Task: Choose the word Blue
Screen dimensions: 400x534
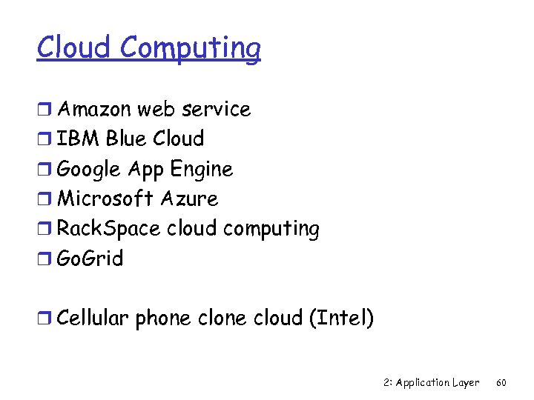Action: point(127,139)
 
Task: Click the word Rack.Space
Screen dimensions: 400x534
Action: point(108,229)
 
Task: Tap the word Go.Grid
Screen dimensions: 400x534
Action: point(90,259)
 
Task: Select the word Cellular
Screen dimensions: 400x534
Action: point(93,319)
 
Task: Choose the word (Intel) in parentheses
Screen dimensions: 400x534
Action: point(340,319)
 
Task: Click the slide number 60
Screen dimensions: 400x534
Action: point(501,383)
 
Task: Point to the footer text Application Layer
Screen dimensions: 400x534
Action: point(438,383)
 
